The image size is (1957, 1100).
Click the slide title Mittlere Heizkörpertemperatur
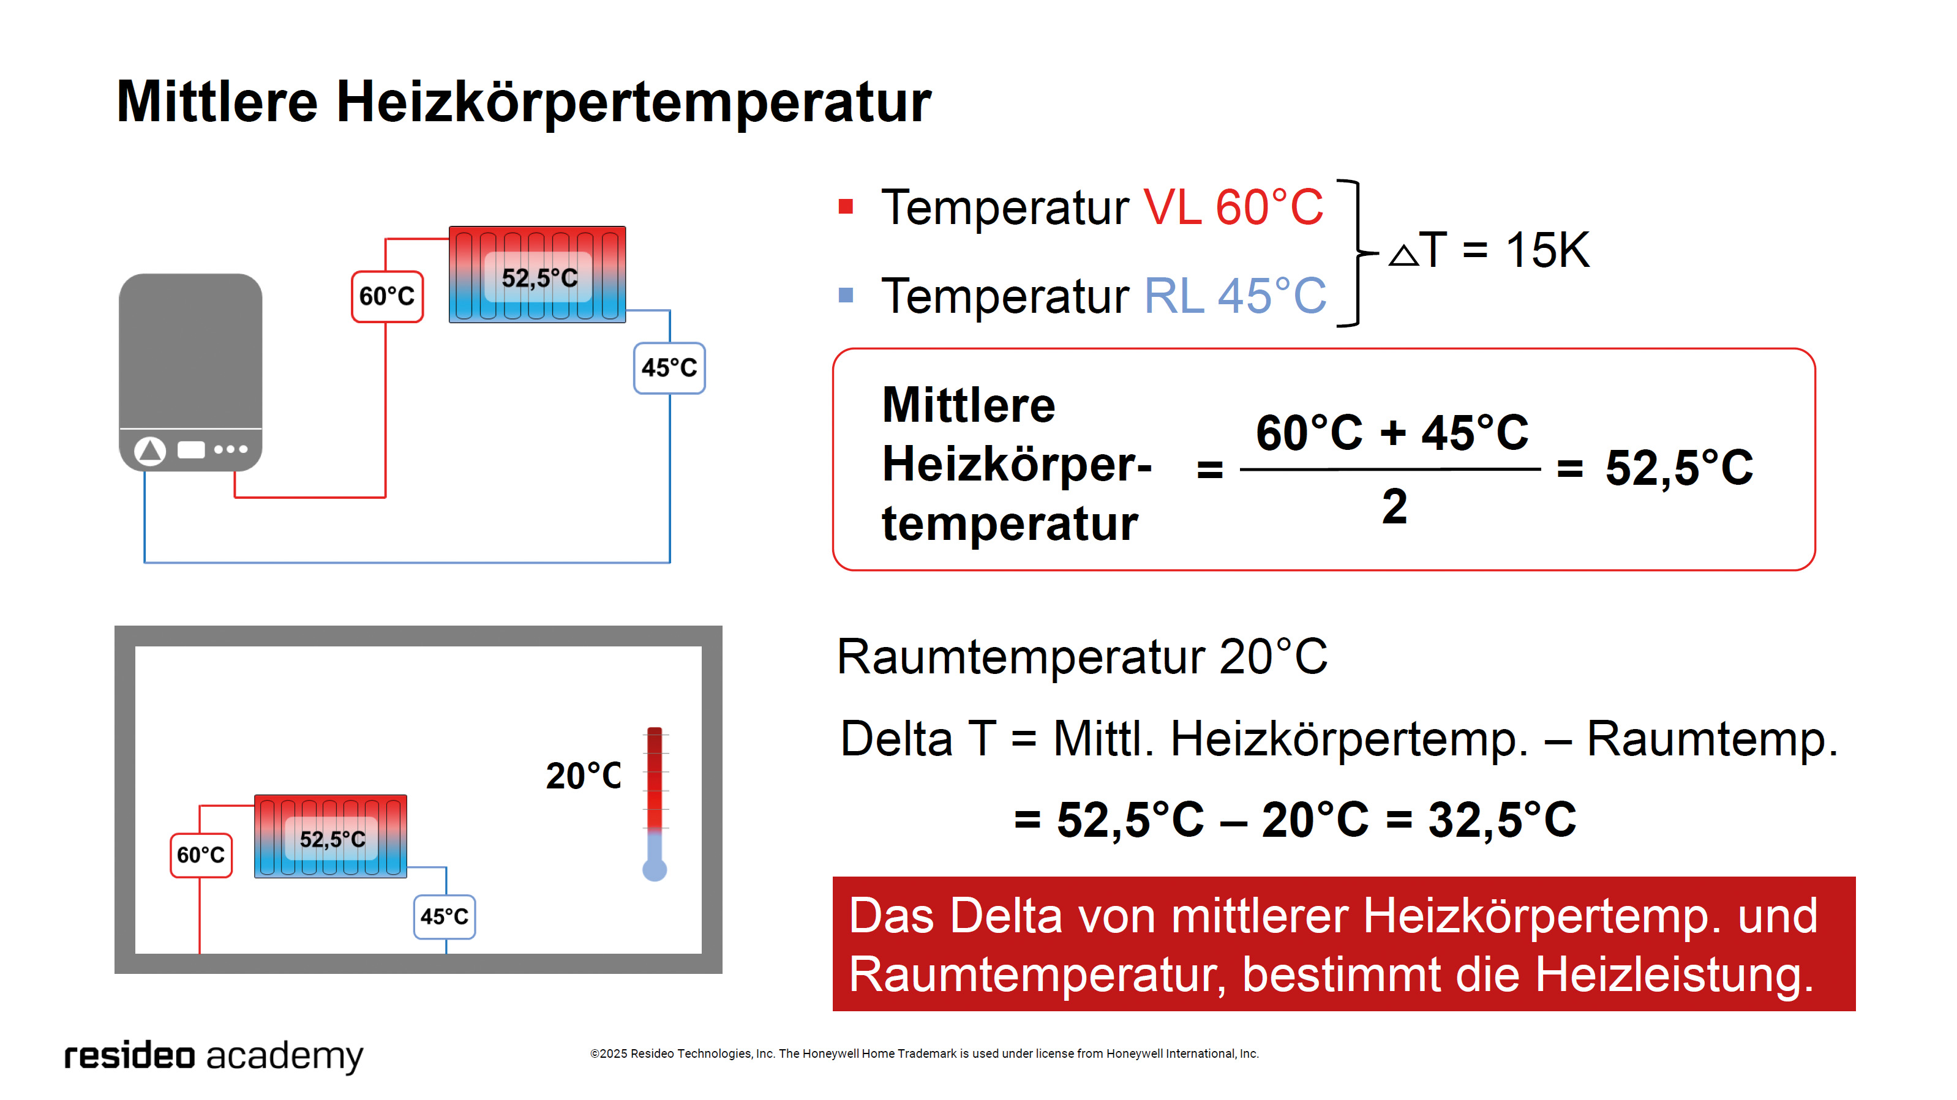tap(524, 103)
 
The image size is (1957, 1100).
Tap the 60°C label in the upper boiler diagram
tap(387, 296)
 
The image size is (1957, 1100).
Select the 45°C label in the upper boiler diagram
tap(669, 369)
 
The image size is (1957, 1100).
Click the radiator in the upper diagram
tap(537, 274)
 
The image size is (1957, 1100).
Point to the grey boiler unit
tap(190, 372)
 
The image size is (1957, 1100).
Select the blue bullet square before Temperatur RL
tap(846, 295)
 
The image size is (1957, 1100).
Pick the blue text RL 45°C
tap(1235, 296)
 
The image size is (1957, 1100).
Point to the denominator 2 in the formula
tap(1395, 507)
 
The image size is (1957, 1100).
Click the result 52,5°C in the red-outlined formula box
tap(1679, 467)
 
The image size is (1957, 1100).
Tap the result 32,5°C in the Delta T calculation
tap(1502, 820)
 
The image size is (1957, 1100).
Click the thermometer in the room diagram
tap(655, 804)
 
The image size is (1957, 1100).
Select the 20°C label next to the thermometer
tap(584, 776)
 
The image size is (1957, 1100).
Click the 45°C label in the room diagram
tap(445, 917)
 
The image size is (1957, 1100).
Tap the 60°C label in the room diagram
tap(201, 855)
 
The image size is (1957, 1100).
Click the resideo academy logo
tap(214, 1056)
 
